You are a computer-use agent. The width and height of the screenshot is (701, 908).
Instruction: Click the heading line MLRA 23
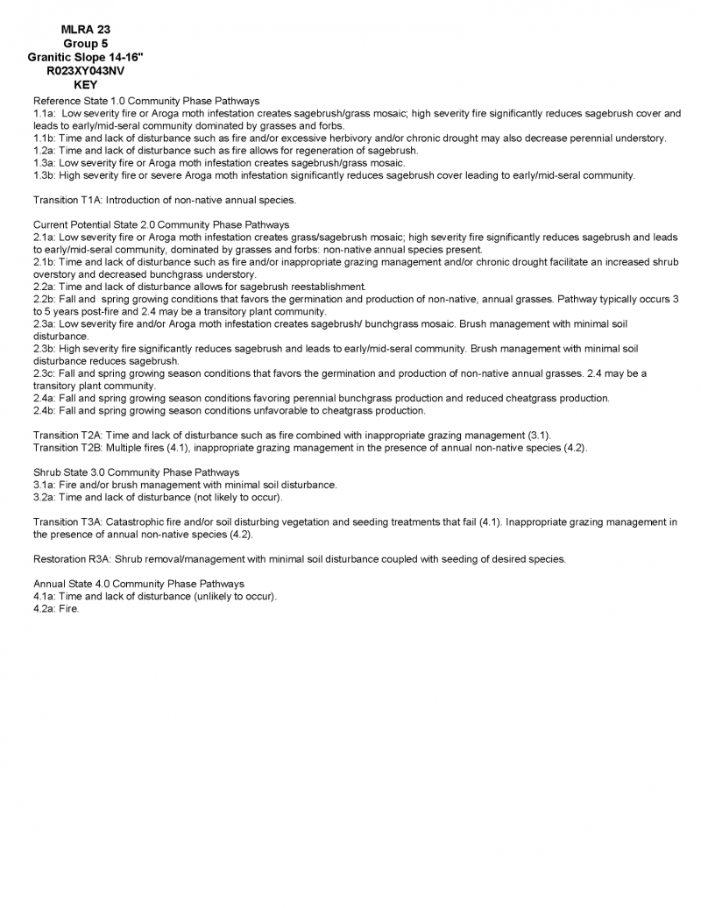point(86,30)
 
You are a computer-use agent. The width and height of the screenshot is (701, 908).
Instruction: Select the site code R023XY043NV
point(86,72)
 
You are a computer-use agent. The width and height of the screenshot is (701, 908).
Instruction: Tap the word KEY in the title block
point(86,86)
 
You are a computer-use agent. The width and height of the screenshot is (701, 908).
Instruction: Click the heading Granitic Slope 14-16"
point(86,58)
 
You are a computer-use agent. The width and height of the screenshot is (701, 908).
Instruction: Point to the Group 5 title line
point(86,44)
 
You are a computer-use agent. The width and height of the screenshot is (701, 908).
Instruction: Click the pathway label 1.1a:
point(44,114)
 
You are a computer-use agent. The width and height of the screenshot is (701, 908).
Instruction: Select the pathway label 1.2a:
point(44,151)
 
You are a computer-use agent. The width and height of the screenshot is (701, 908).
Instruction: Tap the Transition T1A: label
point(67,201)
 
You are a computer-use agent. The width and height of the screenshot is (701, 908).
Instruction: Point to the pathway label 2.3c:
point(44,373)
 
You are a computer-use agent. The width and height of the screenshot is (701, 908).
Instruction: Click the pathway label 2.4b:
point(44,411)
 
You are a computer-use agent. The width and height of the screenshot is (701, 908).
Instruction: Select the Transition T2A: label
point(67,436)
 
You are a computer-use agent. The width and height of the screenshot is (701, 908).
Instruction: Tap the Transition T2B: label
point(67,448)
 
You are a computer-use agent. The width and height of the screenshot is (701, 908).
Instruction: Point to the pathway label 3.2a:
point(44,497)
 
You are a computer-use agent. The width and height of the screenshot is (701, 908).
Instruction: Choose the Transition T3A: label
point(67,522)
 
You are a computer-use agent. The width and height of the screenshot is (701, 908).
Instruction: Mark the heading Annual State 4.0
point(80,584)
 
